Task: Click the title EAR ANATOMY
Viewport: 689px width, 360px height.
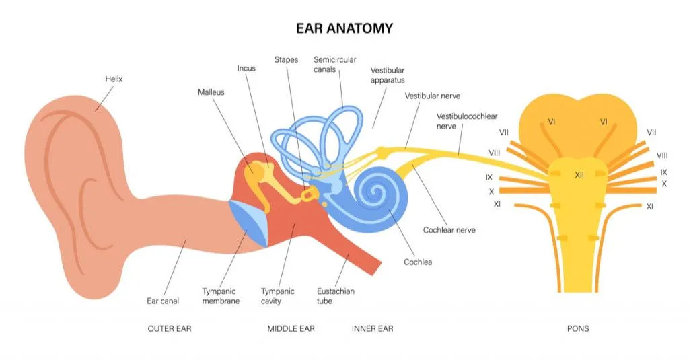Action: (344, 28)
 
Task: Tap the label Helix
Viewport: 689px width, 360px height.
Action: (114, 79)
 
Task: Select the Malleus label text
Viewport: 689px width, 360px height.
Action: (211, 92)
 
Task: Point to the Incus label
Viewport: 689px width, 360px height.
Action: (246, 68)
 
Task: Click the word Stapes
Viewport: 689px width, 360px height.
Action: (286, 59)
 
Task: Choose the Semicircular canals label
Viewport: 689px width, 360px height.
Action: (334, 65)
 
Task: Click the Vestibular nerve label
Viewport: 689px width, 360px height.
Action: (432, 96)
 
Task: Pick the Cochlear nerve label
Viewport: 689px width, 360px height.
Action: (449, 230)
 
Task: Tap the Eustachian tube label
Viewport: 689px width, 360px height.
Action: (335, 296)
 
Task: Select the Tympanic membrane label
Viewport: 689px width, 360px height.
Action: (221, 296)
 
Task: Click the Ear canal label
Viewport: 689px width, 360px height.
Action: (163, 301)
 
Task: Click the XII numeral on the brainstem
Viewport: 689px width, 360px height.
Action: (579, 175)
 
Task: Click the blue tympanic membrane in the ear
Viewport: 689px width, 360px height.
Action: (250, 221)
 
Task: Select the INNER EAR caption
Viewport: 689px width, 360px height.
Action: (372, 329)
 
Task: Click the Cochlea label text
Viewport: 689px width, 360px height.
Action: (417, 262)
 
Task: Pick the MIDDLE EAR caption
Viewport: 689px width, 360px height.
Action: (291, 329)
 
